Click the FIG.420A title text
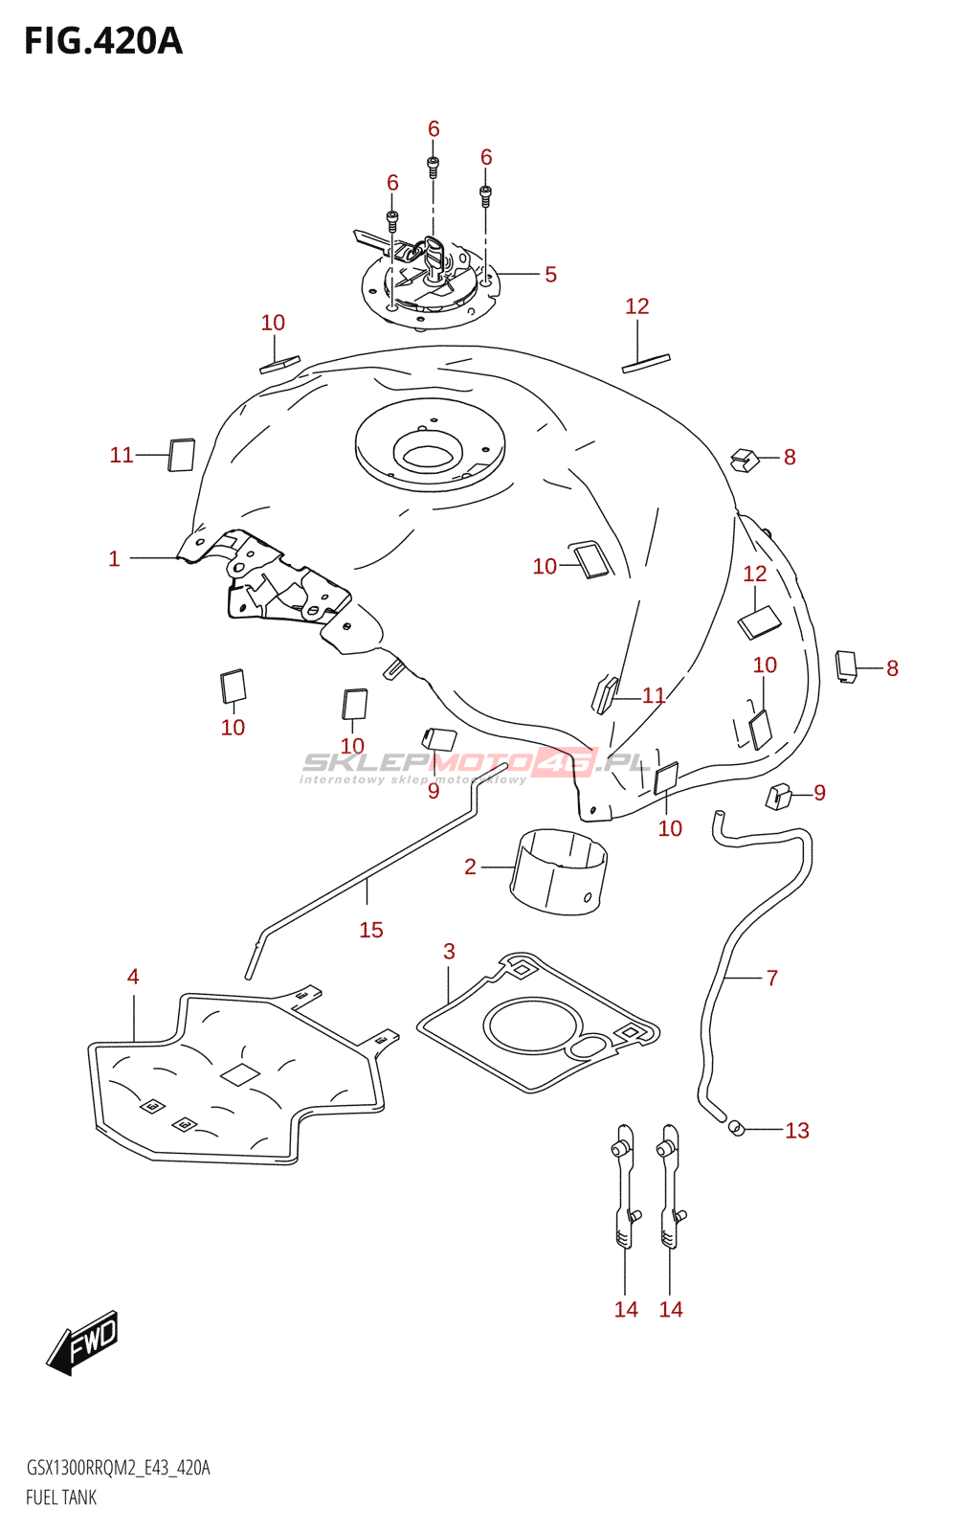pos(103,41)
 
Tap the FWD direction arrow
pos(84,1341)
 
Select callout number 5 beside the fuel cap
pos(550,275)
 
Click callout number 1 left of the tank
pos(114,558)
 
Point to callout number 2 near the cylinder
pos(470,867)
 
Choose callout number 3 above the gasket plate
pos(449,951)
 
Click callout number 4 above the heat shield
pos(133,976)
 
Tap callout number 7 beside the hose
pos(772,978)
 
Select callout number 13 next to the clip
pos(797,1131)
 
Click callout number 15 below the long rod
pos(371,930)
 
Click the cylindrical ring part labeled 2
pos(559,870)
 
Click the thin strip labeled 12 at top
pos(646,362)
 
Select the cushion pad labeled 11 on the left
pos(182,455)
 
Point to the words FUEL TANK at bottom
pos(61,1498)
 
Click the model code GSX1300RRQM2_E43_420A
pos(118,1468)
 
